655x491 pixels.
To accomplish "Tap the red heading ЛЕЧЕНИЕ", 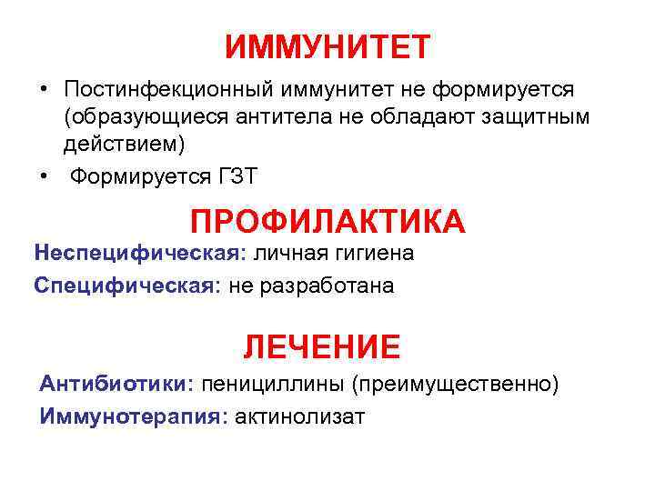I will [x=321, y=346].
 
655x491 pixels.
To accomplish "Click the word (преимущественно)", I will [x=454, y=384].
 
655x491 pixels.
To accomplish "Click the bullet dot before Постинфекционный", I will [x=43, y=91].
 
